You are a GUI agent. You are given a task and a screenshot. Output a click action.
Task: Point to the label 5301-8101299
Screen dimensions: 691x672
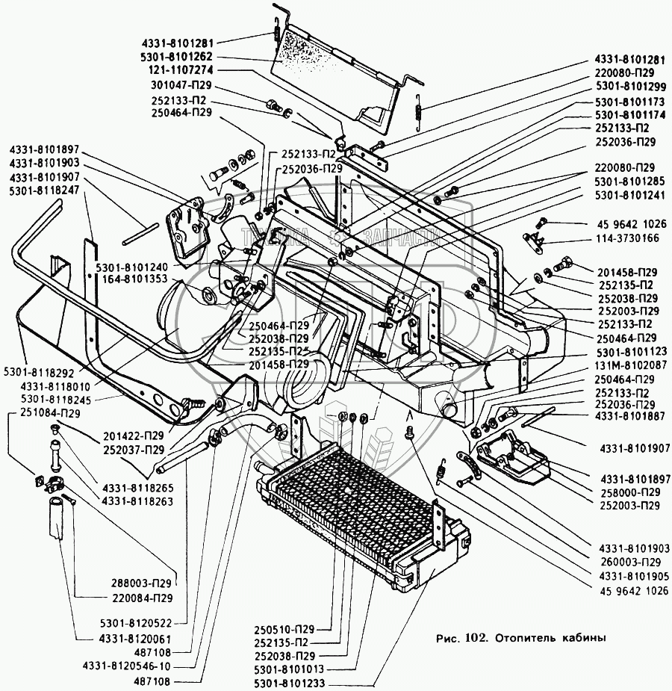(626, 86)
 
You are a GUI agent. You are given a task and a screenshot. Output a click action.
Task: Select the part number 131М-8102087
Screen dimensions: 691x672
(626, 366)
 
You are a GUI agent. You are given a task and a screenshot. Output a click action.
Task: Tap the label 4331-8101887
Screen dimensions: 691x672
(626, 416)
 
